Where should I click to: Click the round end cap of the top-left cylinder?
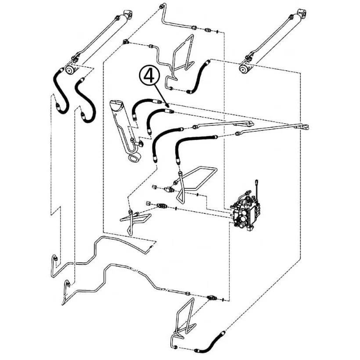pyautogui.click(x=69, y=69)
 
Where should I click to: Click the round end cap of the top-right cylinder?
pyautogui.click(x=243, y=68)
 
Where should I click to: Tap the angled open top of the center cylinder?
pyautogui.click(x=117, y=105)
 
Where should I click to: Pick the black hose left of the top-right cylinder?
pyautogui.click(x=199, y=77)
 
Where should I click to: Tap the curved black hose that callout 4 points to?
pyautogui.click(x=158, y=119)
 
